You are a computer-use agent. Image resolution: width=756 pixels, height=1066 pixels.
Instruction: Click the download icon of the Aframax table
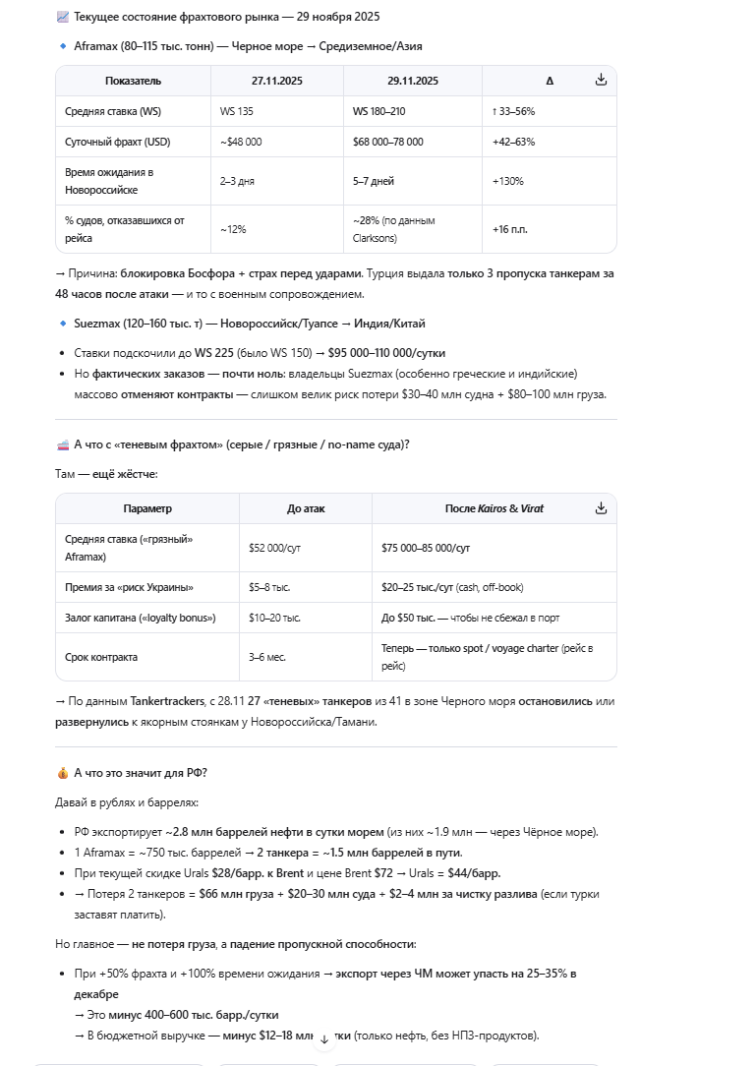tap(601, 80)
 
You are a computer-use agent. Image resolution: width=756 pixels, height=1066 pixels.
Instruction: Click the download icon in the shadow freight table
tap(601, 507)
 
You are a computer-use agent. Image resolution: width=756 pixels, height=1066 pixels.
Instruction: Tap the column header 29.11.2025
tap(412, 81)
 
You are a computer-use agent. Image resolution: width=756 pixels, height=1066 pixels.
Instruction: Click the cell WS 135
tap(235, 111)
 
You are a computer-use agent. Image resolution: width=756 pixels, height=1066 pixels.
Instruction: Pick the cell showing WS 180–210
tap(379, 111)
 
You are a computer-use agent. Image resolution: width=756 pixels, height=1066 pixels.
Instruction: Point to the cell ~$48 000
tap(241, 142)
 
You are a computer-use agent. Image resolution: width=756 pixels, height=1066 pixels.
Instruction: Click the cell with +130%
tap(507, 181)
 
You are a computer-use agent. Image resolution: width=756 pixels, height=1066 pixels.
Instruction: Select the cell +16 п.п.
tap(509, 229)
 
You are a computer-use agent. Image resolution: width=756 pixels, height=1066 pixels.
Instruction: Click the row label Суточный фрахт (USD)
tap(117, 142)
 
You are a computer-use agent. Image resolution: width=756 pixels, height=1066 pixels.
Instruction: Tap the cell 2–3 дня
tap(237, 181)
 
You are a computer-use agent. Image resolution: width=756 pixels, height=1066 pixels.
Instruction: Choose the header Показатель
tap(133, 81)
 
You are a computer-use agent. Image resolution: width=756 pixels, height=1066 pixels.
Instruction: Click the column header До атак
tap(305, 508)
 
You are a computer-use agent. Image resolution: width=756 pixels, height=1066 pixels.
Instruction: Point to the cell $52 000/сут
tap(274, 548)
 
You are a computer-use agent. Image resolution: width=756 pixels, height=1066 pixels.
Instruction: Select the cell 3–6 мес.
tap(266, 657)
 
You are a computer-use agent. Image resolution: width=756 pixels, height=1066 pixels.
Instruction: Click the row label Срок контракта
tap(101, 657)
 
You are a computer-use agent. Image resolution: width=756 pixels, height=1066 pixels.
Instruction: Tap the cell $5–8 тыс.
tap(269, 587)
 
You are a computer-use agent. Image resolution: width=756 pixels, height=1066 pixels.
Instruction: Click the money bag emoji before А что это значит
tap(63, 773)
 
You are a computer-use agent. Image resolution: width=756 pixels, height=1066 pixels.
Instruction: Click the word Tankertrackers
tap(161, 701)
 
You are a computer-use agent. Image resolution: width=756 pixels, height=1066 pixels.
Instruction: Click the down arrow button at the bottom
tap(324, 1038)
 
